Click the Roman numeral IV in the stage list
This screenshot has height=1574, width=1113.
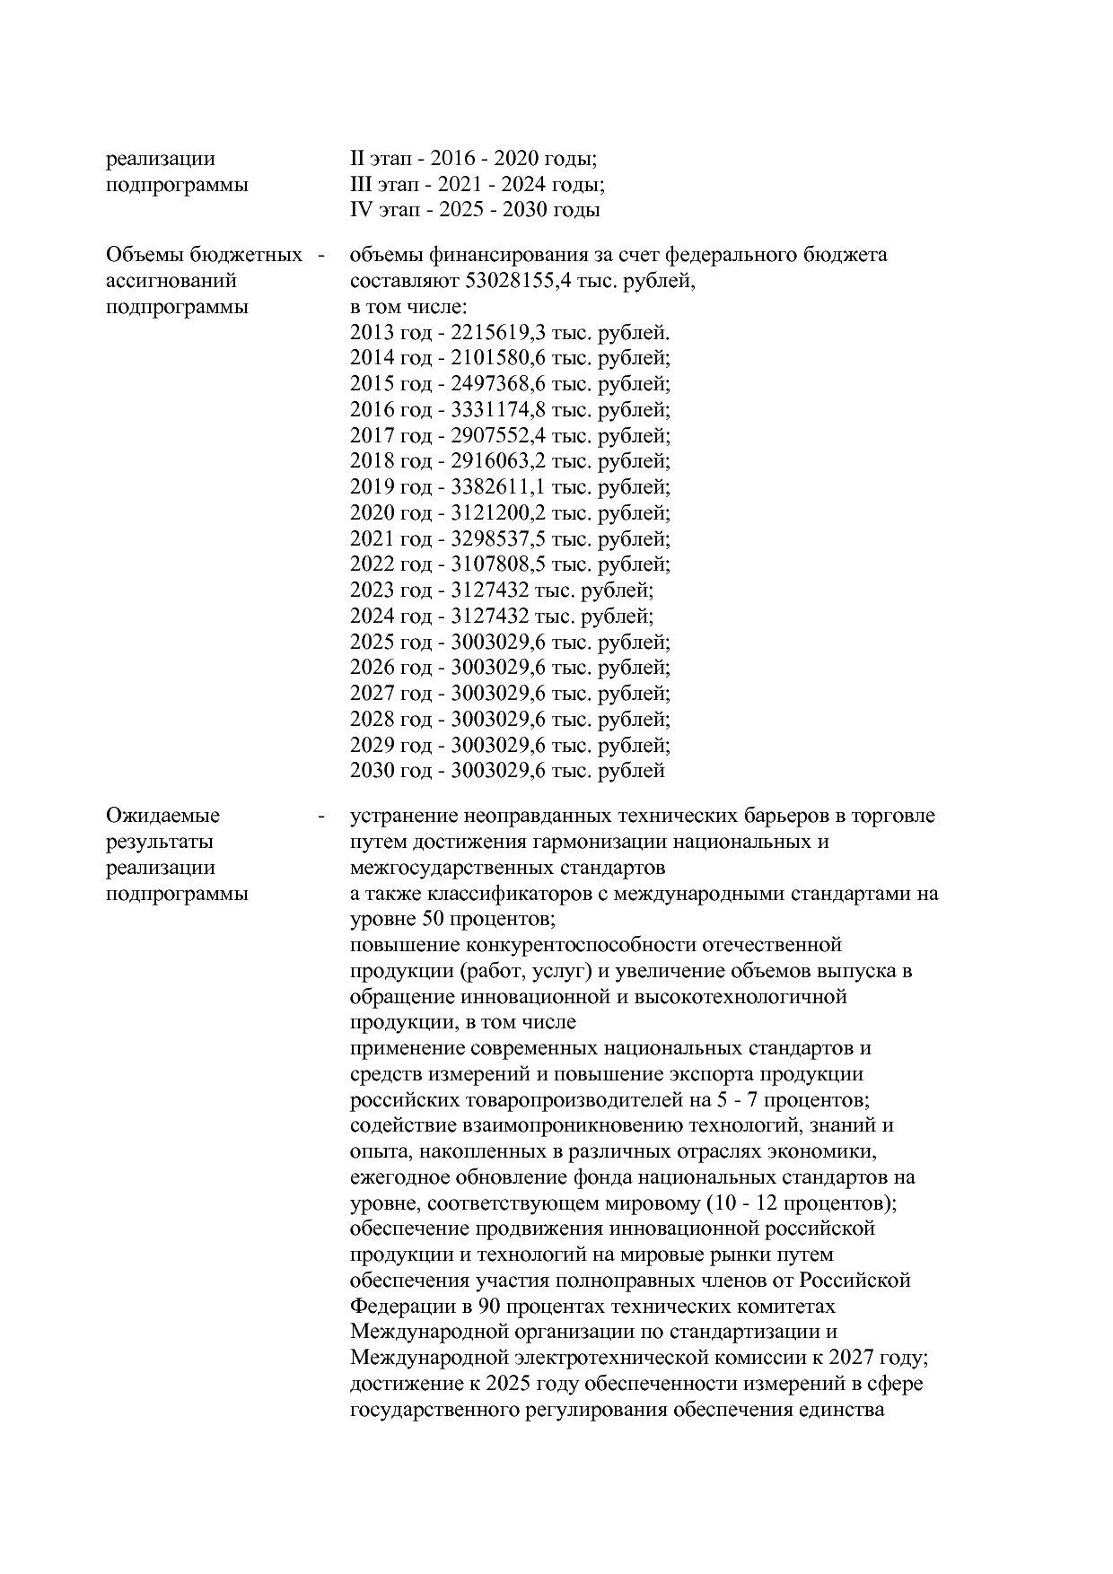tap(360, 210)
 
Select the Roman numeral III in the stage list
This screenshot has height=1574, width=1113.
tap(361, 185)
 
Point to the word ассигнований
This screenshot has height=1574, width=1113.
tap(171, 281)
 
